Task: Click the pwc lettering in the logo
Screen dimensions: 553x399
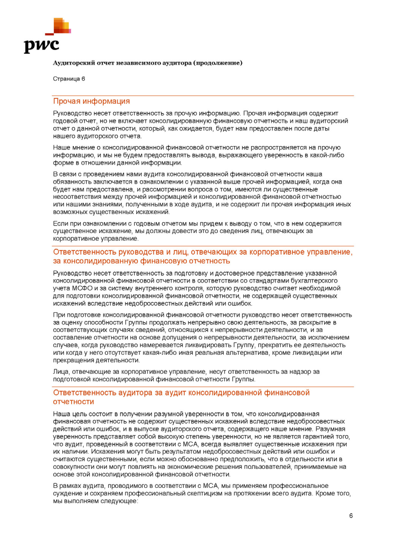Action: coord(41,46)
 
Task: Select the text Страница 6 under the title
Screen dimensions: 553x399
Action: coord(69,79)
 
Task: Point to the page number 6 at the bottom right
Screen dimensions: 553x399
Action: coord(351,516)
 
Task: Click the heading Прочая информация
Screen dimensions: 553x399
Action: coord(91,101)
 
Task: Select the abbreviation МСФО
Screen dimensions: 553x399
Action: coord(82,288)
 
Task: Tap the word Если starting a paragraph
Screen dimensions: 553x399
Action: coord(60,224)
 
